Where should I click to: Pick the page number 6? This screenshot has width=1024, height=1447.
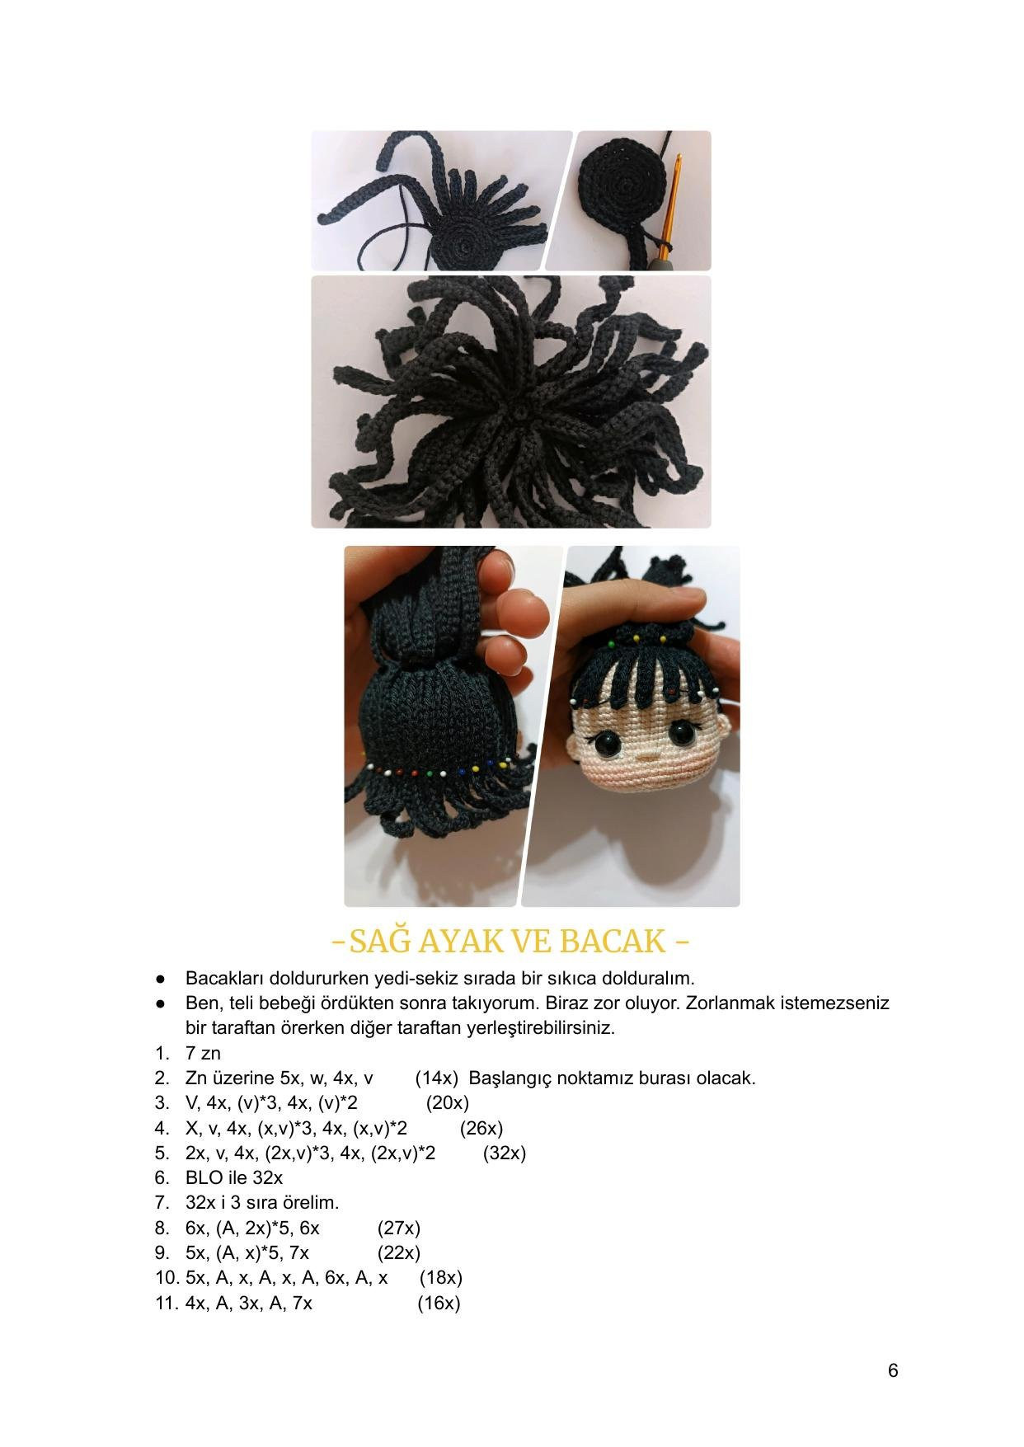(x=893, y=1370)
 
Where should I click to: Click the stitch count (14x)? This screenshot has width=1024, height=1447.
(x=437, y=1078)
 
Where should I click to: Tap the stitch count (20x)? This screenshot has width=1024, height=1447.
(x=447, y=1102)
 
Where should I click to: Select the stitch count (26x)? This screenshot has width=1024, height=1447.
(x=481, y=1127)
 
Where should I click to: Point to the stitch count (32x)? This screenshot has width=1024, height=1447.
(x=504, y=1152)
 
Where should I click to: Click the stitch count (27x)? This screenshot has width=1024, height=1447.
(x=398, y=1228)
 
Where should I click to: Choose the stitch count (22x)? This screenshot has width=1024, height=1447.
(x=398, y=1252)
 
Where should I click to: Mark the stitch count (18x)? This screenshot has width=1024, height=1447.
(x=440, y=1277)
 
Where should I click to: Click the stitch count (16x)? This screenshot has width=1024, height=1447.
(x=438, y=1303)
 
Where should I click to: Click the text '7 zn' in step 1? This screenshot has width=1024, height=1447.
(x=203, y=1053)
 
